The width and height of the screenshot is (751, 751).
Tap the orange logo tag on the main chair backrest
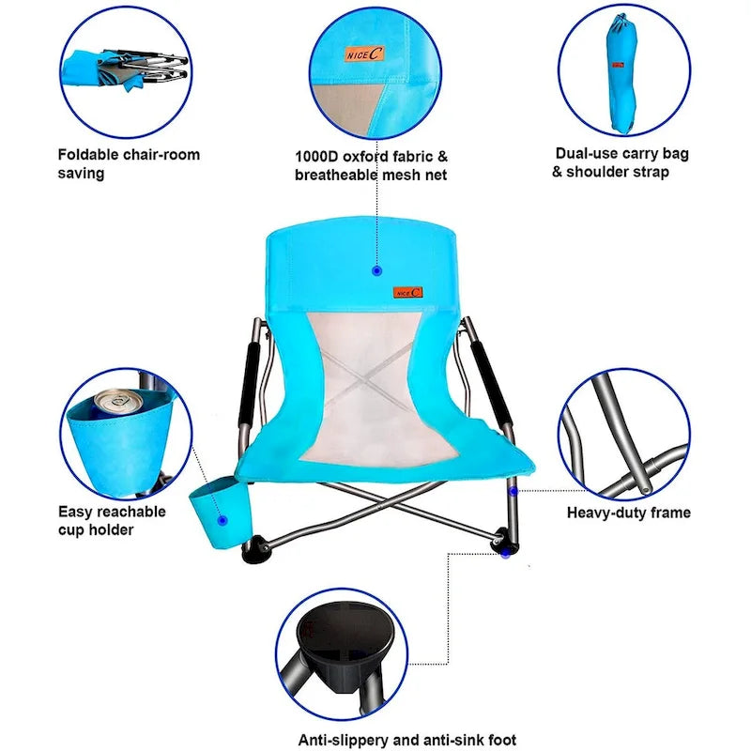(x=408, y=292)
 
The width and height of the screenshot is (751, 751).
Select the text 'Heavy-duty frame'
(x=628, y=513)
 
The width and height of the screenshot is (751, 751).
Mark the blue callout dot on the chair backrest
(x=376, y=270)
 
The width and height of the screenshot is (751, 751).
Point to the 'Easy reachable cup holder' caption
(x=111, y=521)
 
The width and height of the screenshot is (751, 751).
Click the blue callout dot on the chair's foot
(x=505, y=554)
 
